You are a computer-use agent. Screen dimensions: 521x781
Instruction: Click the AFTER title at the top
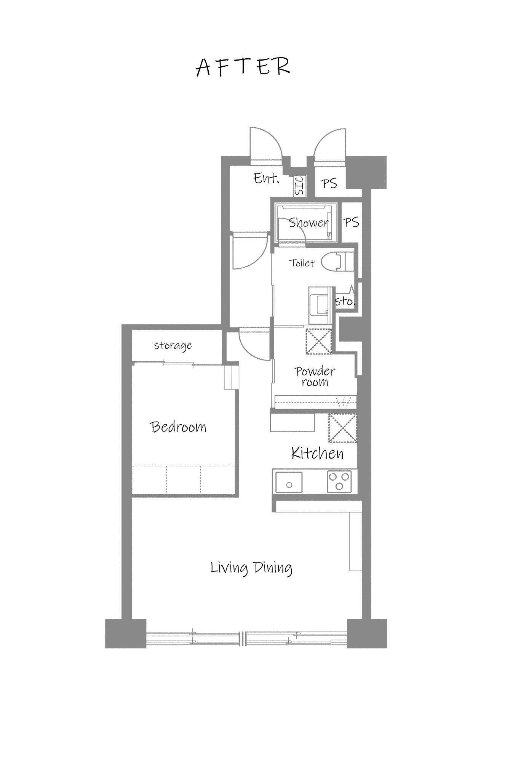click(243, 67)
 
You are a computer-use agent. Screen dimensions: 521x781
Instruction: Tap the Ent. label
click(267, 178)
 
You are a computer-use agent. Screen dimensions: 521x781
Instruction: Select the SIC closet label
click(299, 186)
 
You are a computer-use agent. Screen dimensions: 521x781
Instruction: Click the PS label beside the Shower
click(351, 222)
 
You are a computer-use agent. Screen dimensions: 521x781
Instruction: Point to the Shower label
click(308, 223)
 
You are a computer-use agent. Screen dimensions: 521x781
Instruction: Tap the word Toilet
click(302, 263)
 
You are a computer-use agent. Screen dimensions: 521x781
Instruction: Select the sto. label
click(345, 301)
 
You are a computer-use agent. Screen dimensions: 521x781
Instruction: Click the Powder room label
click(315, 377)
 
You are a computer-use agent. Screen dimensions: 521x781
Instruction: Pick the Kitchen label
click(317, 454)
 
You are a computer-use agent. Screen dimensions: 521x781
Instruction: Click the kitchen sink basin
click(289, 483)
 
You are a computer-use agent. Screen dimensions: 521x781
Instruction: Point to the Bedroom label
click(178, 427)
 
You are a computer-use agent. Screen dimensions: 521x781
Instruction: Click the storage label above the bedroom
click(173, 346)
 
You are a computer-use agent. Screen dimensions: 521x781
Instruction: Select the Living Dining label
click(251, 568)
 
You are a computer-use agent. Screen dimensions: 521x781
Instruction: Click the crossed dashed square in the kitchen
click(343, 428)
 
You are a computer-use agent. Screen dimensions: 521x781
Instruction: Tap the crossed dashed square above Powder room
click(319, 341)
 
